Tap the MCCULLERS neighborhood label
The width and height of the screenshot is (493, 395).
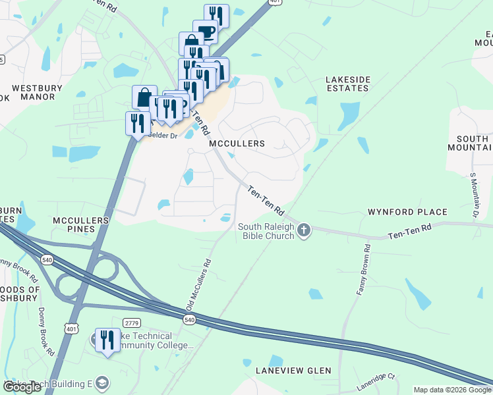[x=237, y=144]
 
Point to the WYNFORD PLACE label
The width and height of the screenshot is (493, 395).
[x=407, y=212]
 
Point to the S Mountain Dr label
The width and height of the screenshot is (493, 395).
[x=473, y=195]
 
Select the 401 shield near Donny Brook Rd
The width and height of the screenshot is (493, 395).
[x=71, y=328]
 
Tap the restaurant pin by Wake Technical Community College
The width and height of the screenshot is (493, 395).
[x=106, y=340]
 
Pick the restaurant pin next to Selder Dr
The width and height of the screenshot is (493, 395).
[x=137, y=123]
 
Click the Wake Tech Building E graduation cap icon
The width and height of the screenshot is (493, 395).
[x=101, y=382]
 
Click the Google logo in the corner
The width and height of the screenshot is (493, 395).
[x=22, y=388]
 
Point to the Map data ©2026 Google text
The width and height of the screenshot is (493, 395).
[x=451, y=390]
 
